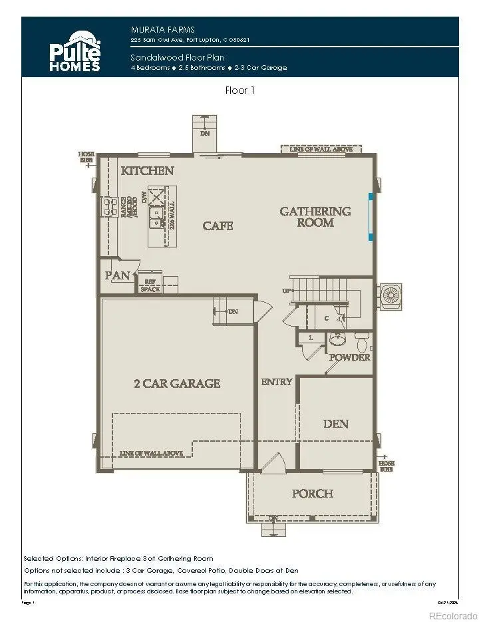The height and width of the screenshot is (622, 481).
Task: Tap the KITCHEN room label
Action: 147,171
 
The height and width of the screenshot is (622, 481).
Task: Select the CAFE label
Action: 218,226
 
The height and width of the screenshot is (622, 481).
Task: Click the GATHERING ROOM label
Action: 315,217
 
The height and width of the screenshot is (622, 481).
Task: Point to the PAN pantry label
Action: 117,275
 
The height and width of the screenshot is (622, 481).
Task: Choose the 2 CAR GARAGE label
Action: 177,383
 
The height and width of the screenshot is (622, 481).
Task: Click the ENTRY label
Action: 276,382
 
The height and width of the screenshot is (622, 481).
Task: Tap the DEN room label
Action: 335,424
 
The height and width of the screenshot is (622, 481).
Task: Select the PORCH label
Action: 312,494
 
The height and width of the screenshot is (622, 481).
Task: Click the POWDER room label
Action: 351,358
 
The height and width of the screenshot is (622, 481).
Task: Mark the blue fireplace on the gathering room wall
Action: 371,216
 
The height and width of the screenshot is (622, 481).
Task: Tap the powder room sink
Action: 337,339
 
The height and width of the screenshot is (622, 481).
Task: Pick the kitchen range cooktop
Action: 108,207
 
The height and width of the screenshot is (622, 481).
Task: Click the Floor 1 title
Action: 240,91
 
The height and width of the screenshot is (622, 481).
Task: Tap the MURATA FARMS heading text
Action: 154,29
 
